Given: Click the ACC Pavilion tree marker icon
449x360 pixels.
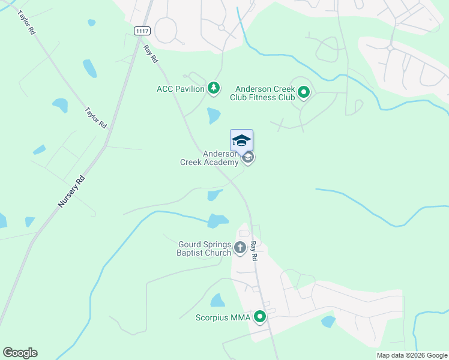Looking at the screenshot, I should (x=214, y=89).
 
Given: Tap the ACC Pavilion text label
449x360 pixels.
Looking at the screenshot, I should (x=181, y=89).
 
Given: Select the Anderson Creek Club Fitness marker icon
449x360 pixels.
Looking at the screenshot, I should (x=304, y=92).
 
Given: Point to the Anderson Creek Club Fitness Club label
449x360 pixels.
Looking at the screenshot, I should (x=265, y=92).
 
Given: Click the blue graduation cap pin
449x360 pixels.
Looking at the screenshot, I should (x=241, y=140).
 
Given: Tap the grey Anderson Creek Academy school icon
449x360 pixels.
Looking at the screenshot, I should (x=249, y=158).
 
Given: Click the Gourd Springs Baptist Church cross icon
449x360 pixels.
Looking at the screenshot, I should (x=240, y=247).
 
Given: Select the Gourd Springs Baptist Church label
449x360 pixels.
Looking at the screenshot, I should (x=205, y=248).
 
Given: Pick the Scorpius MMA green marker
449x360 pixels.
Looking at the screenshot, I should (x=260, y=316).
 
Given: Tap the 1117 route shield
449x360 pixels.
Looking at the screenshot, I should (x=142, y=30).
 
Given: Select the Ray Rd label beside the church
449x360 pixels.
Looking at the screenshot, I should (x=254, y=250).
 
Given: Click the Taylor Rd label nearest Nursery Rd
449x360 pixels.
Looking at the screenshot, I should (x=95, y=118).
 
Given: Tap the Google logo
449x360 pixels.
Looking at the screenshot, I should (x=20, y=353).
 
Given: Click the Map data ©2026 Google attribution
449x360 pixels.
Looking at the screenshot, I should (x=411, y=355).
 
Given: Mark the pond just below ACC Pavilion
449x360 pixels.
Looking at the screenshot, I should (x=214, y=115).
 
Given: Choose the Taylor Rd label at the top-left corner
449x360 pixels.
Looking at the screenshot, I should (x=26, y=22).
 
